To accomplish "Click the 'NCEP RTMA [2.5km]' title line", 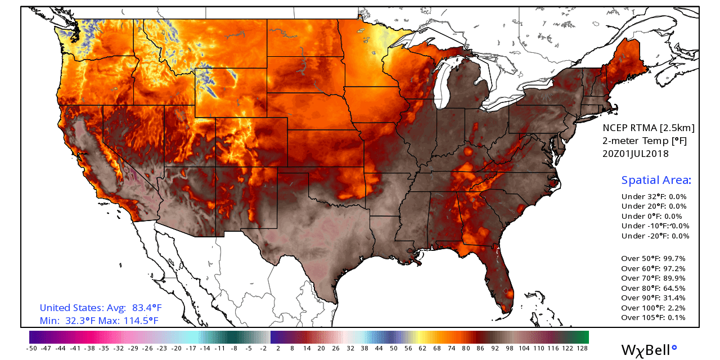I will pos(649,128).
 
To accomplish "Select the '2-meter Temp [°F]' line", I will pos(645,141).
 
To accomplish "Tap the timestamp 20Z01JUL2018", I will pos(636,154).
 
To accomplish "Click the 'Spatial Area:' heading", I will pos(656,181).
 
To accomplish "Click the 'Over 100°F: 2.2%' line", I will pos(656,308).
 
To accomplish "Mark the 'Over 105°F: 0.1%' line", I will pos(656,318).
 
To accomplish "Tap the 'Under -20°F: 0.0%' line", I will pos(655,236).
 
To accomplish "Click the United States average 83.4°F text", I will pos(101,308).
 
